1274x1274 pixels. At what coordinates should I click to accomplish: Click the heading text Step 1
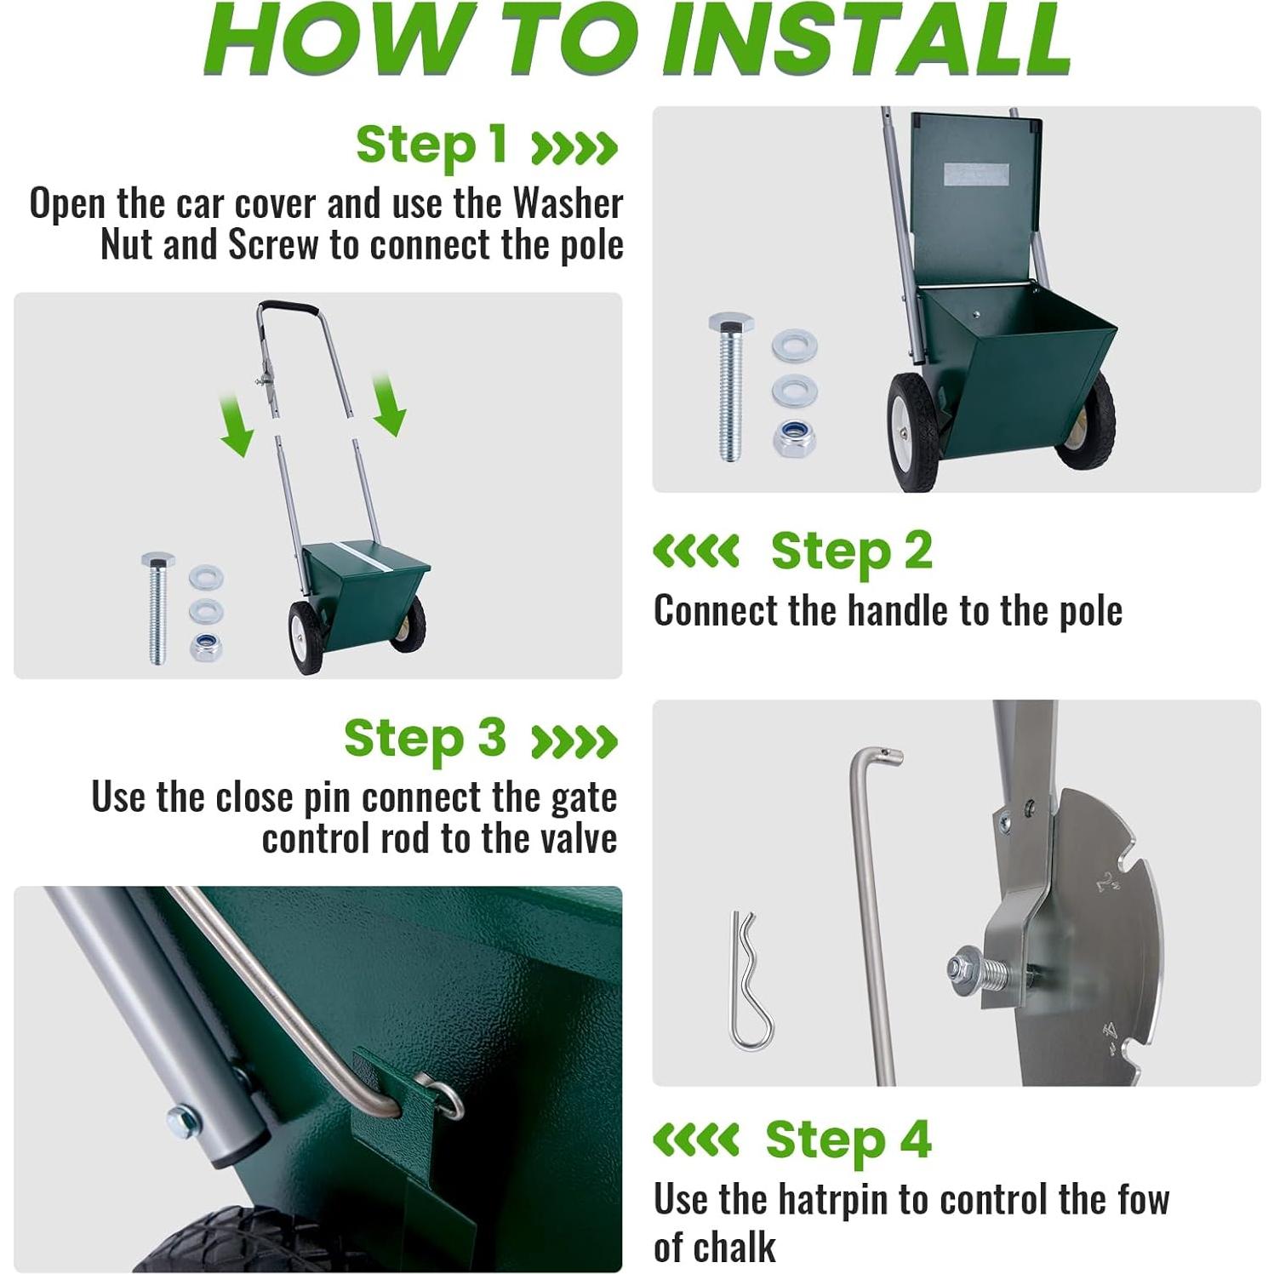point(431,145)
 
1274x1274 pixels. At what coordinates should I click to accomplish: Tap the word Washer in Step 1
point(568,203)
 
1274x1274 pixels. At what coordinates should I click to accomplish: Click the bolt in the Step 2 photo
point(730,386)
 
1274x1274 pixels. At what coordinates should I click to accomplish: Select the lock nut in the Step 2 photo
point(794,438)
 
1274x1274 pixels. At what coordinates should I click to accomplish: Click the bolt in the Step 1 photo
point(158,607)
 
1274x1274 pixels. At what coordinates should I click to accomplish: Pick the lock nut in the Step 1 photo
point(206,646)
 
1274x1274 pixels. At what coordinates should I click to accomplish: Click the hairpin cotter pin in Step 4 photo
point(750,980)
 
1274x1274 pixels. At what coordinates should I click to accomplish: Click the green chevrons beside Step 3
point(574,741)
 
